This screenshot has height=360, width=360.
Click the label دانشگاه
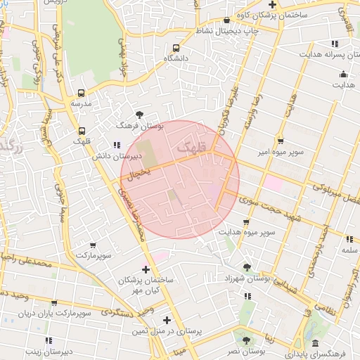click(175, 59)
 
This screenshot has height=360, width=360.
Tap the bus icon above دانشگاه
click(175, 48)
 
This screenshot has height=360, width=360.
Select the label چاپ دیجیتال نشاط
click(226, 31)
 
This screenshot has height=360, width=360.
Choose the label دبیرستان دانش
click(115, 156)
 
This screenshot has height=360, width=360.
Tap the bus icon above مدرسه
click(81, 93)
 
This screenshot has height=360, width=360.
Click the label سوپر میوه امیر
click(281, 153)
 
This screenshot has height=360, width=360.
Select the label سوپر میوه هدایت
click(245, 231)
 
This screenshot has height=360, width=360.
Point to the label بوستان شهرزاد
click(247, 278)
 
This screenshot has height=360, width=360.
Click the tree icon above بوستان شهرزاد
click(247, 267)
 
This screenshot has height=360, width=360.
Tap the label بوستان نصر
click(246, 349)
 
